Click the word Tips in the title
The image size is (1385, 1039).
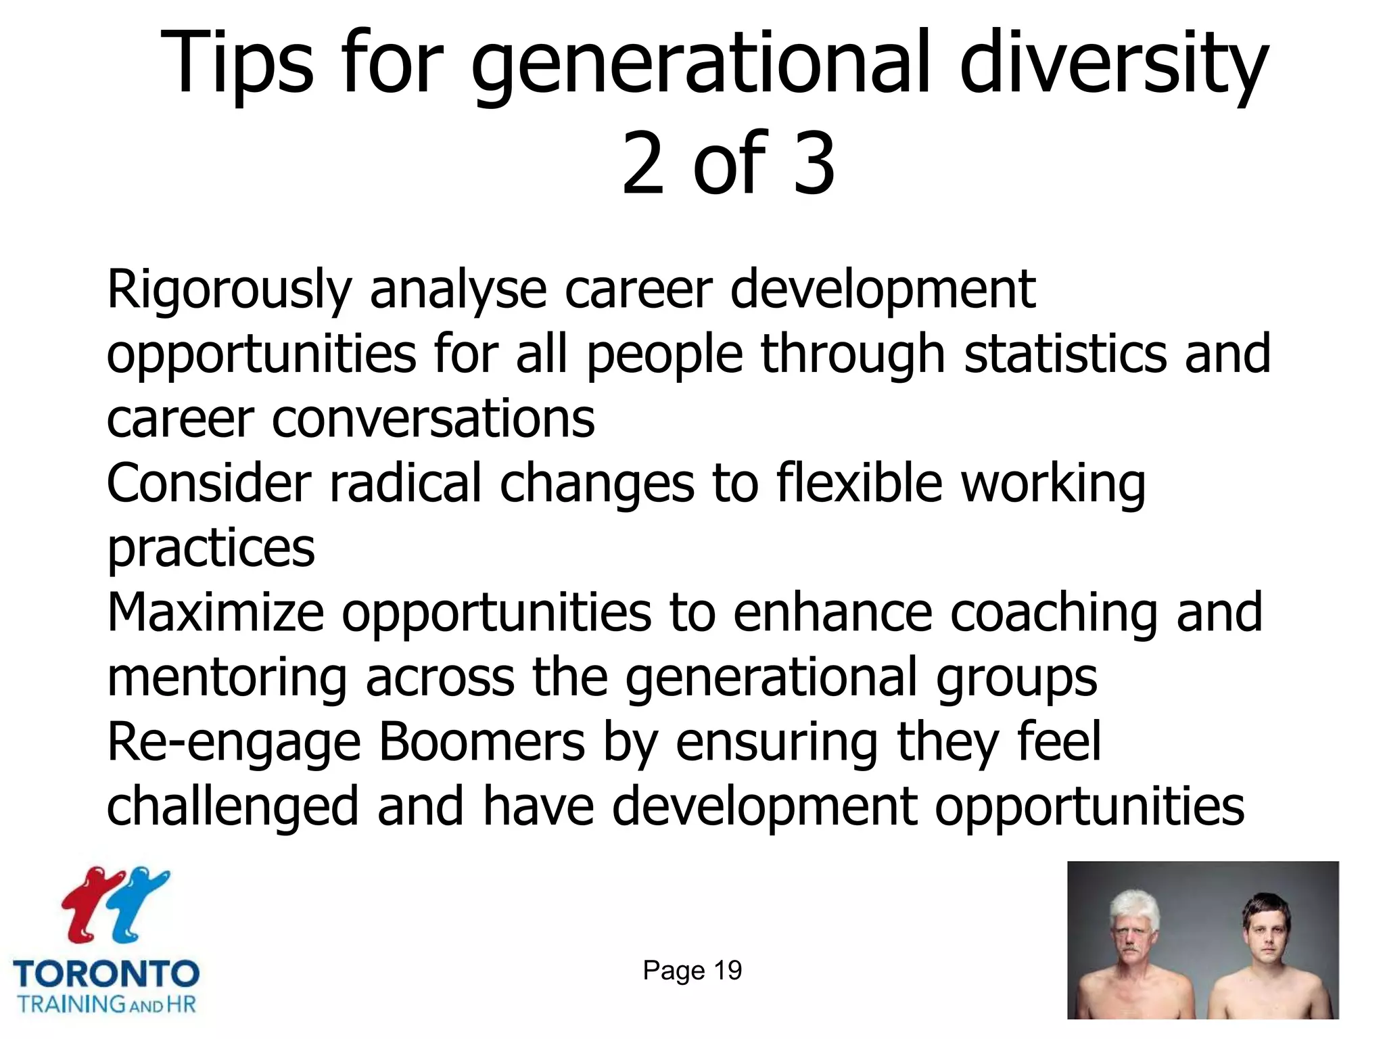[237, 64]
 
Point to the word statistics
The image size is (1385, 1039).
[1065, 354]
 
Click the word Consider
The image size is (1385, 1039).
[209, 484]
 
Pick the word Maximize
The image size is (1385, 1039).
[216, 613]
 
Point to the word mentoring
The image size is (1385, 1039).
[227, 678]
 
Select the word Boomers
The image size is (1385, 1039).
[482, 743]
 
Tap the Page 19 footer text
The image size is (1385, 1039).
[692, 971]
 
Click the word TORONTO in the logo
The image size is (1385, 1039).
[106, 974]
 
